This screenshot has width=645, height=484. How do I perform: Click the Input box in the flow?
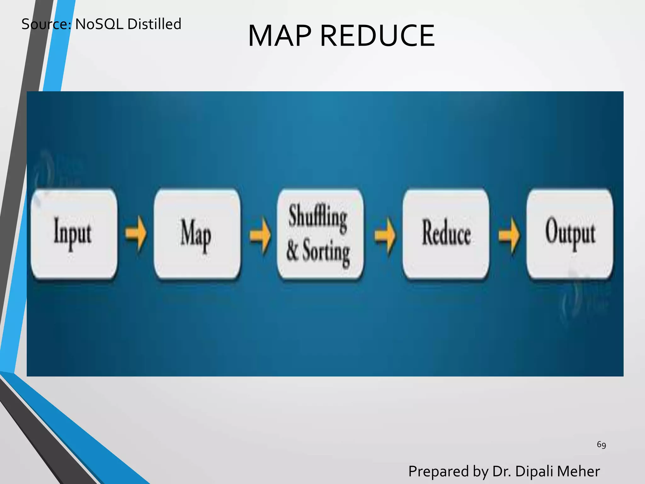(74, 234)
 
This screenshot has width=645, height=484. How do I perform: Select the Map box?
(197, 234)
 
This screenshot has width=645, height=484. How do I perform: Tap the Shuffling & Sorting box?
(320, 234)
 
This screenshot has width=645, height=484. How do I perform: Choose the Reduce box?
(446, 234)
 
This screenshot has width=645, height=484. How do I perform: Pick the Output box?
(570, 234)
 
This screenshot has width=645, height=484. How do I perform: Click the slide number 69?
(601, 445)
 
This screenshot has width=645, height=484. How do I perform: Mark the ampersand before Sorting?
(292, 251)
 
